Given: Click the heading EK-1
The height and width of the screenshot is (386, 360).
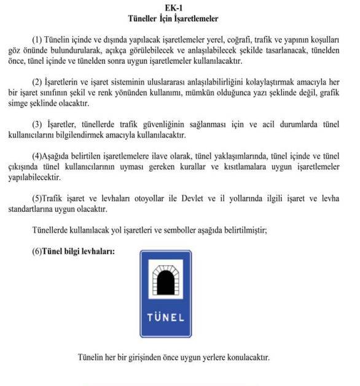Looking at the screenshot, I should click(x=178, y=7).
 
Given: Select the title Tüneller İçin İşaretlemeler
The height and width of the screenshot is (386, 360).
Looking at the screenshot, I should click(x=178, y=19).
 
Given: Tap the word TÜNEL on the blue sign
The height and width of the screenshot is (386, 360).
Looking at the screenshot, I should click(x=165, y=318).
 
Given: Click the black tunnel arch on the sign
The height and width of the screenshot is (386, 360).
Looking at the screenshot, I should click(x=166, y=282).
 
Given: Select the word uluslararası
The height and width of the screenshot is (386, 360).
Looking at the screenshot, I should click(x=180, y=82).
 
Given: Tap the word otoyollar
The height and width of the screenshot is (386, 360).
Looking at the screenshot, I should click(x=155, y=199).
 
